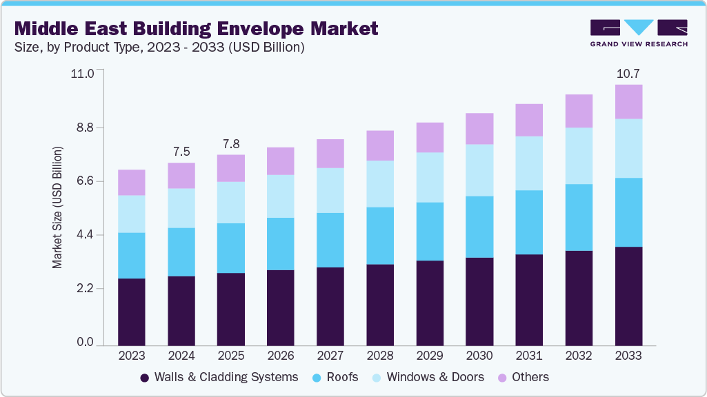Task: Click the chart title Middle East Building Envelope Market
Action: (197, 28)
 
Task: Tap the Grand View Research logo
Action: (639, 32)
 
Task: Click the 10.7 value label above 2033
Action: (628, 73)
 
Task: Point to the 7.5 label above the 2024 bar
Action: (181, 152)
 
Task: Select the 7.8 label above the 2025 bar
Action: (231, 143)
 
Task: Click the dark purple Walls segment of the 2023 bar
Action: (132, 311)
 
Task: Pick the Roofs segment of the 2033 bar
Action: (628, 212)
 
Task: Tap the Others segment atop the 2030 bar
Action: (479, 128)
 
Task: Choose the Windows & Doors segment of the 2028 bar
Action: (380, 183)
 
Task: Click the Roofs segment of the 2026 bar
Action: (281, 243)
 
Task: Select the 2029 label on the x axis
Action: (430, 356)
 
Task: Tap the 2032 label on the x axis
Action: (579, 356)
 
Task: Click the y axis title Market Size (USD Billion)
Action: (58, 207)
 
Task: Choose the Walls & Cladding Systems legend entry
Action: (219, 377)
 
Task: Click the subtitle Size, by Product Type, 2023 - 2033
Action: (159, 48)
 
